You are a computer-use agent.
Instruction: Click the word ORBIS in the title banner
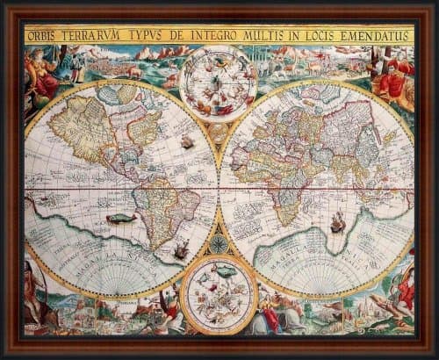(x=41, y=36)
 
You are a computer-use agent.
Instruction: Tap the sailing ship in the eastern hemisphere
(x=337, y=224)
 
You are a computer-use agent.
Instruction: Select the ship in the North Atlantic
(x=187, y=140)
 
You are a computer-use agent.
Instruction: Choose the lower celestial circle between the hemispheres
(x=219, y=294)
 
